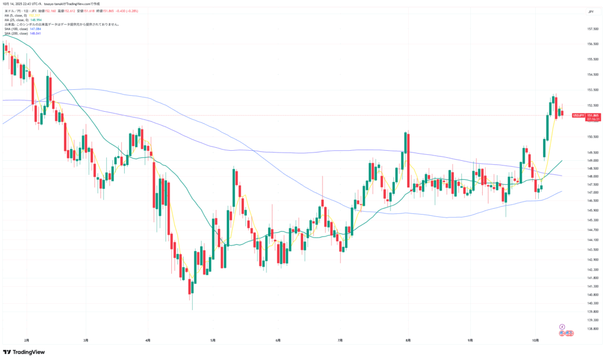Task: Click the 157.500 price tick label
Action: pos(594,29)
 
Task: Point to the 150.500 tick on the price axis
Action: pos(594,137)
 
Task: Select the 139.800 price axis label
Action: pos(594,312)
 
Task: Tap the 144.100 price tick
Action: pos(594,239)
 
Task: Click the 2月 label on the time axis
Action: pos(27,340)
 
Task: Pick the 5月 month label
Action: pos(213,340)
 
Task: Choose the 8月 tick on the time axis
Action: pos(409,340)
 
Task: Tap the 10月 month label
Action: pos(535,340)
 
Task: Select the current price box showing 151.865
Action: pos(594,115)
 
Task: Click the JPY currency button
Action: pos(591,11)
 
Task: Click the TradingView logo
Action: pos(25,352)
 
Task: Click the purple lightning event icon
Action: pos(562,326)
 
